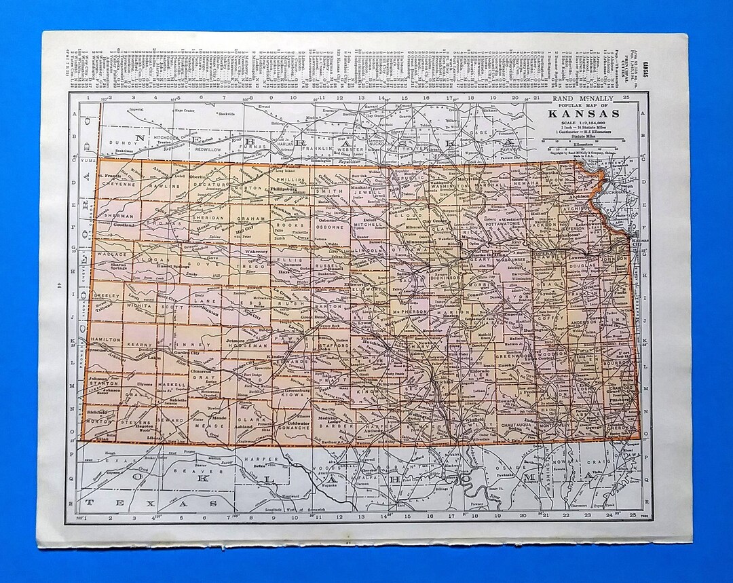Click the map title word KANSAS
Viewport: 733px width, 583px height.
click(x=589, y=113)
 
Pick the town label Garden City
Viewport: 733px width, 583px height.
click(x=185, y=353)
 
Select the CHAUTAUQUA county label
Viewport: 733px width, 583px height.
click(x=521, y=424)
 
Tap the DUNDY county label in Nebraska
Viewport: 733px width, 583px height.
click(x=116, y=144)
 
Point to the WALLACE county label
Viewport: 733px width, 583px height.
click(x=112, y=255)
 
